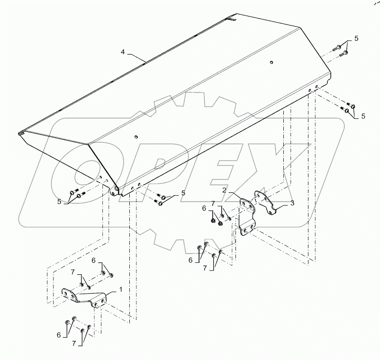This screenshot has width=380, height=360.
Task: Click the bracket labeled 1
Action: (x=85, y=298)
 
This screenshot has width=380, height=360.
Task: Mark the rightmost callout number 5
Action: (x=363, y=116)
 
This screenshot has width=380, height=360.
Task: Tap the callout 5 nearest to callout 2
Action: (x=182, y=193)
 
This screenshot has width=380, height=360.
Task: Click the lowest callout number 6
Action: (x=59, y=335)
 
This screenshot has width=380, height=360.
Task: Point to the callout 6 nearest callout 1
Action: (x=94, y=260)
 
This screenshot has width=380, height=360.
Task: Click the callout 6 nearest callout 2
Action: (x=204, y=208)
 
